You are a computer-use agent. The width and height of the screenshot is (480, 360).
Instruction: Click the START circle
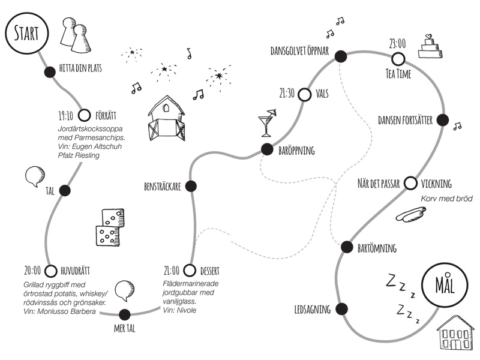point(22,32)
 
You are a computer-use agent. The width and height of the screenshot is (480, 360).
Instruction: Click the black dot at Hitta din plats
point(50,73)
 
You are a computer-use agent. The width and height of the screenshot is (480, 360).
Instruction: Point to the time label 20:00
point(32,270)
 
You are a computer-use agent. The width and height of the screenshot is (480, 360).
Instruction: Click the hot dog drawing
point(411,213)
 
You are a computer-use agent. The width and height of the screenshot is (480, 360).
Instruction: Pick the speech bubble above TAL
point(35,176)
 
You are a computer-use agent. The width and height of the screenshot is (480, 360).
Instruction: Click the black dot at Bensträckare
point(191,186)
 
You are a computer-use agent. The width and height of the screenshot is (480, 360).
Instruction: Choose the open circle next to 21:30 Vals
point(304,94)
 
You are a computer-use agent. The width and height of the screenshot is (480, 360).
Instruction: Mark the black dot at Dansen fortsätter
point(443,120)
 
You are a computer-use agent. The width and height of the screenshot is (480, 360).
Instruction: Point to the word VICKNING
point(436,184)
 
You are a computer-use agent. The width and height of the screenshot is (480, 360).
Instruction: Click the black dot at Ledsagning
point(341,309)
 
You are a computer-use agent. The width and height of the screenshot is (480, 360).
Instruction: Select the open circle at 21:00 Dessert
point(190,270)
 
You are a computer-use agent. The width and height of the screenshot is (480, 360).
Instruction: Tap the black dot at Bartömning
point(346,247)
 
